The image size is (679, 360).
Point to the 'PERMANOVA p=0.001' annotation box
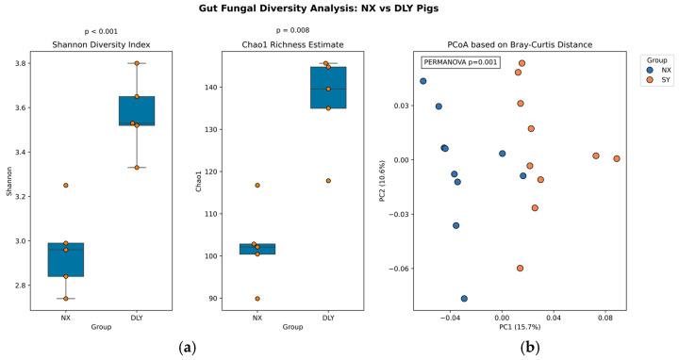pos(459,62)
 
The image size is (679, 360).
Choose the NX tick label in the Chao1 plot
pos(257,318)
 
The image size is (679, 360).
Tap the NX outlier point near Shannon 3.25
pos(66,185)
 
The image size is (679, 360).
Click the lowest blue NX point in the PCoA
pos(464,298)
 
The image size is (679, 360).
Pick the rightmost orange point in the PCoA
pos(617,158)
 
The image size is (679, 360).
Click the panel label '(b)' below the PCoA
pos(531,348)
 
